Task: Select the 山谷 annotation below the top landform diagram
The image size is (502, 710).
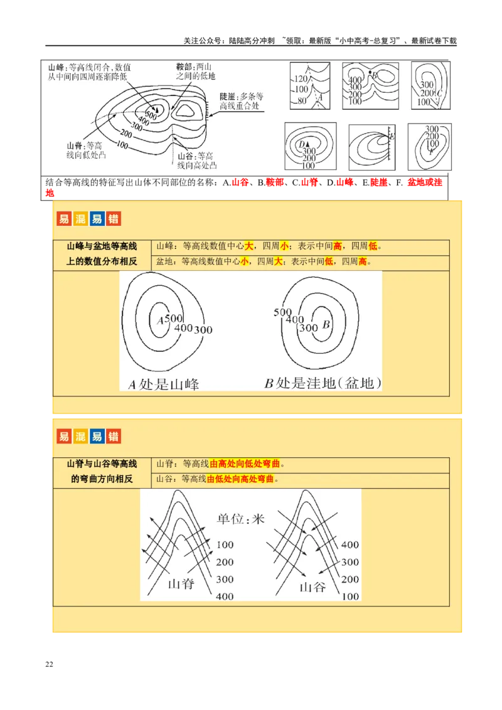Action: [186, 156]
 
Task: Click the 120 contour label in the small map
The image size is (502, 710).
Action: [301, 79]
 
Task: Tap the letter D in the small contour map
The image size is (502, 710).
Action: [302, 144]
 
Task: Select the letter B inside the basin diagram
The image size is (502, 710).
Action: [326, 325]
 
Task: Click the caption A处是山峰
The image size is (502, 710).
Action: [164, 384]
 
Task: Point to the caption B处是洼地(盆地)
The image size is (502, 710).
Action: [323, 383]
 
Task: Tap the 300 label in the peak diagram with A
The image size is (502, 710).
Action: [203, 329]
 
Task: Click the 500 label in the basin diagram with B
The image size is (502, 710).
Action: [283, 312]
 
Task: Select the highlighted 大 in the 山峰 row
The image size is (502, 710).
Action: [249, 246]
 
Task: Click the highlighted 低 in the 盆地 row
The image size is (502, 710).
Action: [329, 261]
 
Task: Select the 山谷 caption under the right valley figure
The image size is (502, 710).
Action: [314, 587]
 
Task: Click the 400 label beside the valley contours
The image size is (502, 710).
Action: [350, 544]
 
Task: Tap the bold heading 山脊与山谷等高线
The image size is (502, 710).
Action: [102, 464]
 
